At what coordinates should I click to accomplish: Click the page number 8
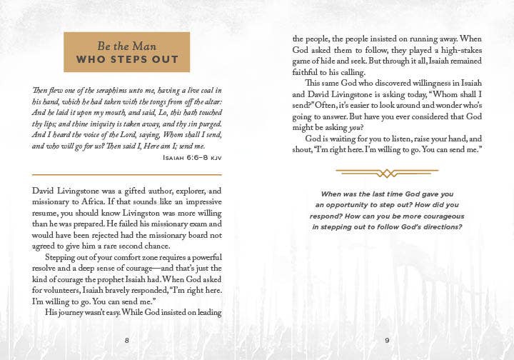(x=127, y=340)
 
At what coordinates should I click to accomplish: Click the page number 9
(x=387, y=340)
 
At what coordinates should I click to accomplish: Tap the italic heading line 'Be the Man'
(x=127, y=44)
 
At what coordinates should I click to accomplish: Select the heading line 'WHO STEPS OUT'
(x=127, y=59)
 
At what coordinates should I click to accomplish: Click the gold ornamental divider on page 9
(x=387, y=173)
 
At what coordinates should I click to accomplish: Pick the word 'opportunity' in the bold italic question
(x=361, y=205)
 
